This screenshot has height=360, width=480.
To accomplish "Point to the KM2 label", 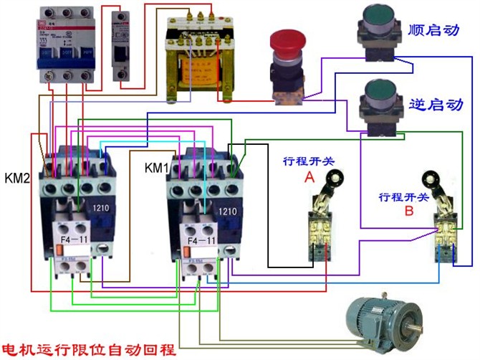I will (16, 176).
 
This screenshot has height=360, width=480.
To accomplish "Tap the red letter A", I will (309, 176).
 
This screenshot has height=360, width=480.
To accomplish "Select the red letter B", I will (408, 211).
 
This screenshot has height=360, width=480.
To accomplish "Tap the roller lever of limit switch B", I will (433, 179).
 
